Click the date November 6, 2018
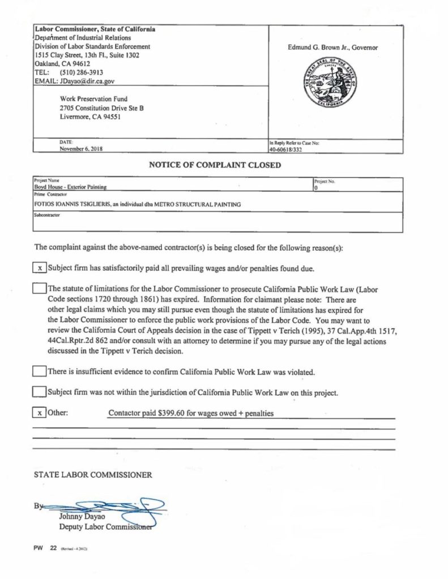pos(82,149)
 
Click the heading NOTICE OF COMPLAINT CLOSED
pos(215,166)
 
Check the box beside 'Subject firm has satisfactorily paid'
pos(39,268)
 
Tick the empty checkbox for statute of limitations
pos(39,289)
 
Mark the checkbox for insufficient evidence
pos(39,371)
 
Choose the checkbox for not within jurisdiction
pos(39,391)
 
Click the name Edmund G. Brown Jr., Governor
pos(332,48)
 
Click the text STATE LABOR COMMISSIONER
pos(93,475)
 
